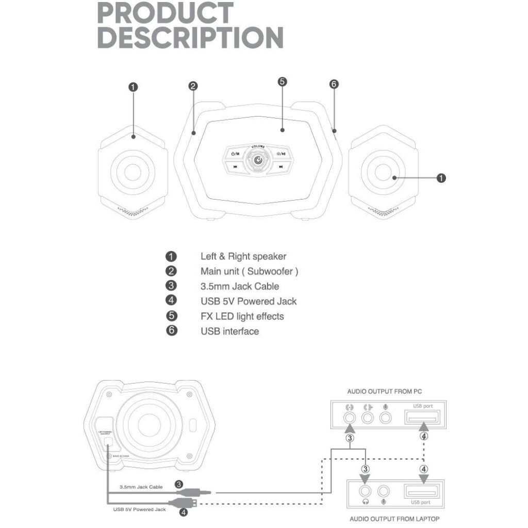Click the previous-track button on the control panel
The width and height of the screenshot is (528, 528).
tap(235, 167)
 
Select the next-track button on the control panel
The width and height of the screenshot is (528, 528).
tap(281, 167)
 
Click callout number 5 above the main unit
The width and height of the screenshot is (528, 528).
tap(282, 81)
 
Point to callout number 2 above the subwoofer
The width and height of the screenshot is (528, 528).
tap(193, 86)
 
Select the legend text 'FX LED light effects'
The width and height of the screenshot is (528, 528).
tap(242, 316)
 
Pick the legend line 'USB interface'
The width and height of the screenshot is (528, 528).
tap(229, 331)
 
